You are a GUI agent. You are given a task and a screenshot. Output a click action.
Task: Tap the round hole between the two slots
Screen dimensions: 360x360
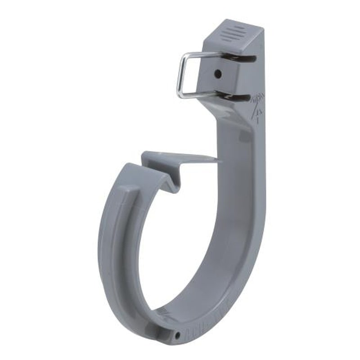tap(218, 73)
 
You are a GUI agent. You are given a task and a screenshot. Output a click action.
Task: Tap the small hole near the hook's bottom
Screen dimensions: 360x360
tap(179, 335)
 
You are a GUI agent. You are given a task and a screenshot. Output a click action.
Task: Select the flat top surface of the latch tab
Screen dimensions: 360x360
tap(180, 157)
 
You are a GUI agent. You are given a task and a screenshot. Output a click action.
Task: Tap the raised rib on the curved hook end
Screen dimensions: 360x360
tap(118, 234)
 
